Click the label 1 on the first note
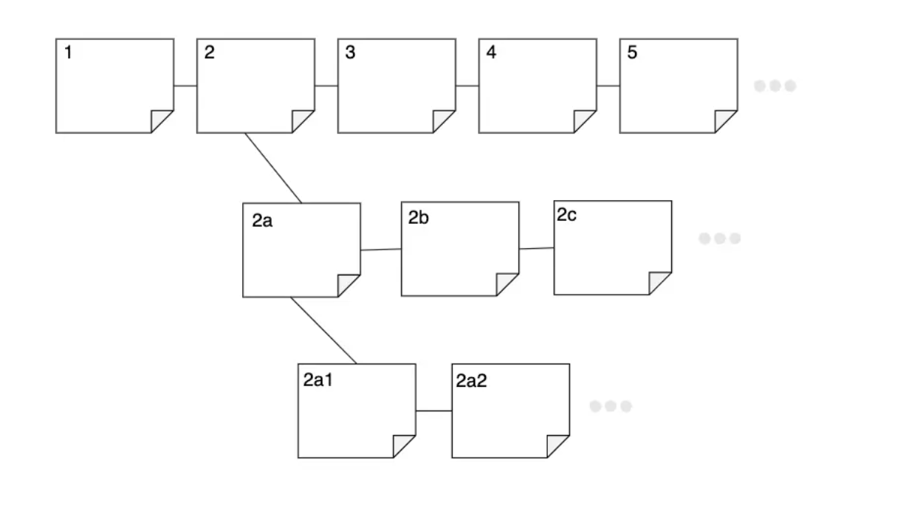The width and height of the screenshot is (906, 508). pos(69,52)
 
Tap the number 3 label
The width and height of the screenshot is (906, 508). pos(350,52)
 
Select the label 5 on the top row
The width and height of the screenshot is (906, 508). pos(632,52)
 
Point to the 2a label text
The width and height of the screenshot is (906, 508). pos(262,220)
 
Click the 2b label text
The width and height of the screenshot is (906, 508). pos(418,218)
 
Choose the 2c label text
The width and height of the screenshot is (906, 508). pos(566,215)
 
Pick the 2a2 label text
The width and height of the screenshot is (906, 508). pos(472,380)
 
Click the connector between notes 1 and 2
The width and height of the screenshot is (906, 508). pos(185,86)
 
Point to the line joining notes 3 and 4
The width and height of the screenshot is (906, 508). pos(467,86)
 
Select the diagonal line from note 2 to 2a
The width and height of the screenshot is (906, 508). pos(273,168)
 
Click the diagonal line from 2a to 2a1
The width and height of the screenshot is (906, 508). pos(323,330)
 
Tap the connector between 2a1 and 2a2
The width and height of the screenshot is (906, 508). pos(434,411)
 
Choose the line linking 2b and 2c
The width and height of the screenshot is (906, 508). pos(537,249)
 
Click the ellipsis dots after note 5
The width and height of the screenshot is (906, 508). pos(775,86)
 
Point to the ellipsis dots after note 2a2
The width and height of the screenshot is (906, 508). pos(611,406)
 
